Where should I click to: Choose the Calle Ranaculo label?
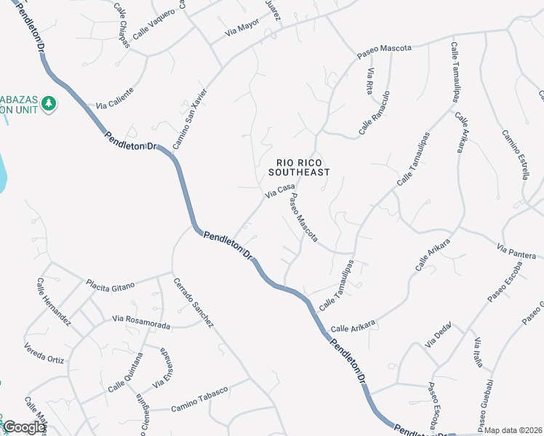[375, 113]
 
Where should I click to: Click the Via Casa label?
[280, 190]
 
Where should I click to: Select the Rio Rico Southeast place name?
[299, 167]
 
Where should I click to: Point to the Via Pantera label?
[516, 251]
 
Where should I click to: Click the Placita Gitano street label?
[111, 286]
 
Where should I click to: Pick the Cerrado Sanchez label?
[193, 302]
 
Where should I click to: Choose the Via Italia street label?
[478, 353]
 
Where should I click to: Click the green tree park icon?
[49, 104]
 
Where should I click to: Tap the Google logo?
[23, 428]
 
